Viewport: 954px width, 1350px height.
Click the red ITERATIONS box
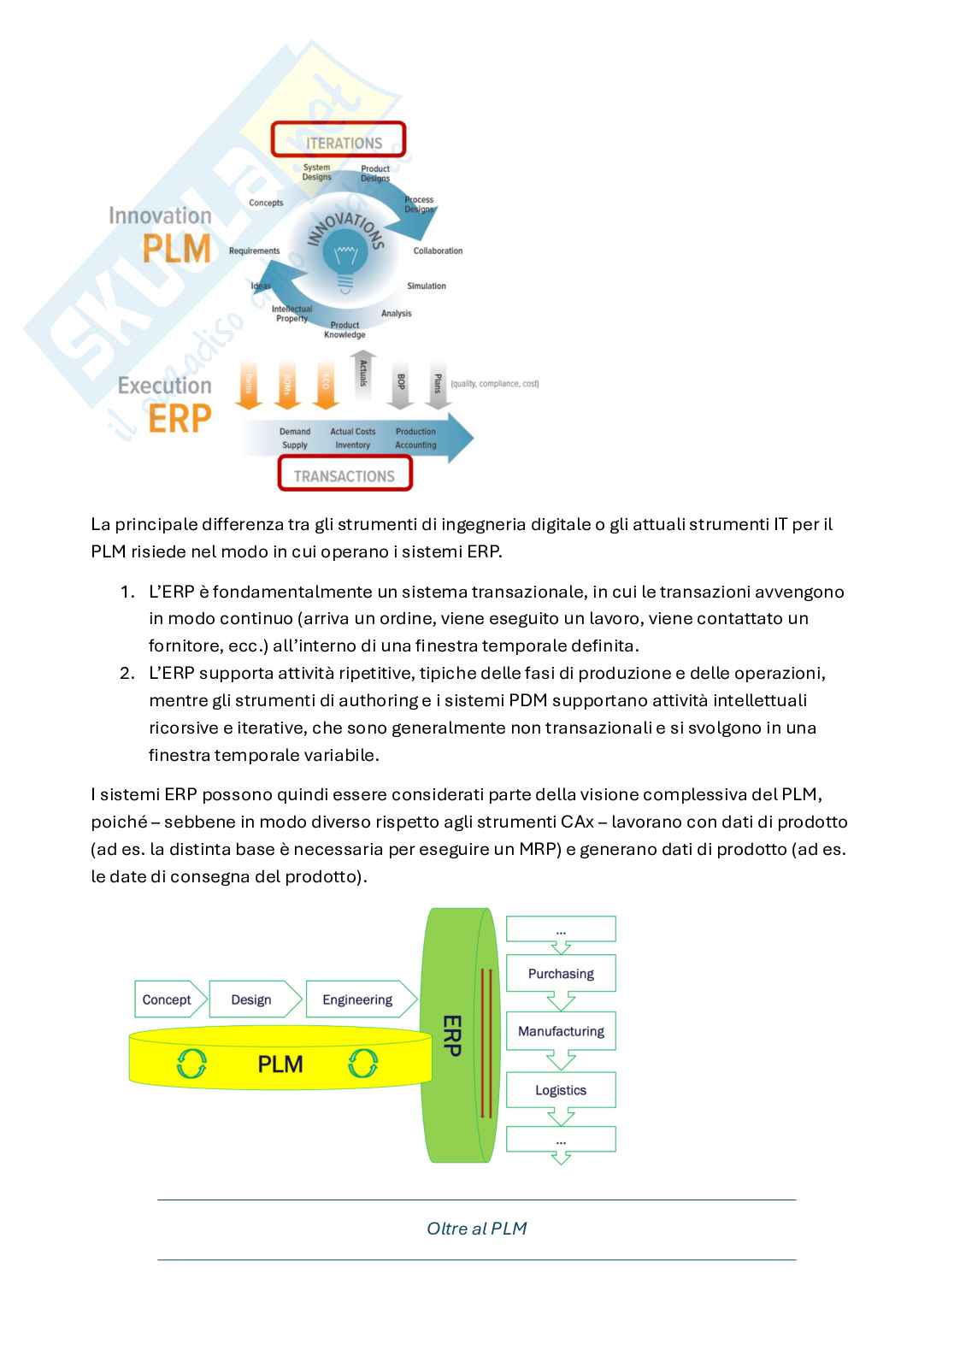click(x=339, y=140)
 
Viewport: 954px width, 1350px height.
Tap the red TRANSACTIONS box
click(x=344, y=475)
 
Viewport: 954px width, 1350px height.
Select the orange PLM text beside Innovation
click(x=176, y=248)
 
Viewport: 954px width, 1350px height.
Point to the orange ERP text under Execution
click(x=179, y=419)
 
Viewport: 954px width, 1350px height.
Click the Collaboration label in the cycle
click(x=438, y=251)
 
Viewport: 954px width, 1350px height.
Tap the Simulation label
click(x=426, y=286)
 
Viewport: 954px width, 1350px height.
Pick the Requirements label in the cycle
click(x=254, y=251)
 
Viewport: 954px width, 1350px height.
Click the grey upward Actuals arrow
click(x=363, y=376)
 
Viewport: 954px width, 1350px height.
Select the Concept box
click(x=168, y=999)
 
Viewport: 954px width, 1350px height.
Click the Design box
click(x=252, y=999)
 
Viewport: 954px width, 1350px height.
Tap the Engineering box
click(x=357, y=999)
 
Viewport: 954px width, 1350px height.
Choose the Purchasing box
click(x=561, y=974)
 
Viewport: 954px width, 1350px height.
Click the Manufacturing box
click(x=561, y=1031)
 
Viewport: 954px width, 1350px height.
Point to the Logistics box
click(x=561, y=1090)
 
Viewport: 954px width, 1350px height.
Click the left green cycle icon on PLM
click(x=191, y=1064)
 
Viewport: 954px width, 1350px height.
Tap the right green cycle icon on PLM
click(x=363, y=1064)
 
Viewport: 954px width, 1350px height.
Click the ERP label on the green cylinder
click(x=452, y=1035)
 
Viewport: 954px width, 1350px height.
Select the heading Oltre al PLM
click(x=476, y=1229)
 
